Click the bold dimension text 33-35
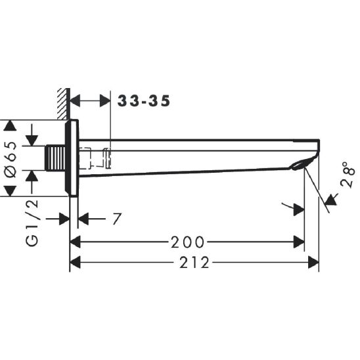tap(144, 101)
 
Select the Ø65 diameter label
tap(11, 160)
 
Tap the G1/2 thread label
tap(32, 223)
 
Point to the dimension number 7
tap(116, 219)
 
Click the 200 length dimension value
tap(187, 242)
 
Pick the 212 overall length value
tap(194, 262)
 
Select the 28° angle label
tap(348, 175)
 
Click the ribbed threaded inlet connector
tap(56, 158)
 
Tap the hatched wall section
tap(64, 104)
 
